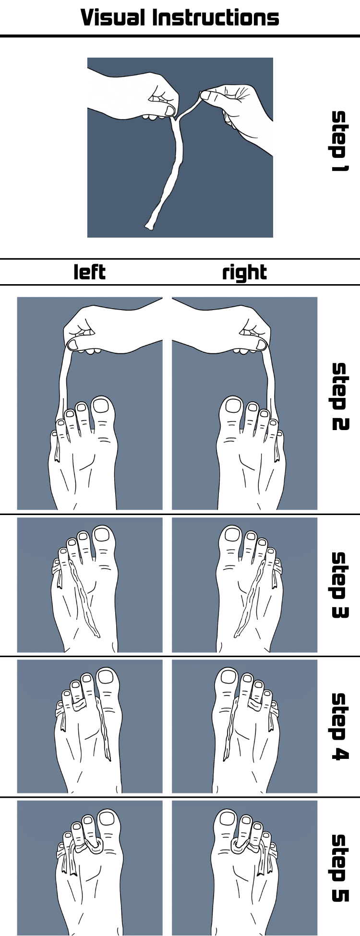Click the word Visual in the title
click(113, 18)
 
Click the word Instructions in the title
click(216, 18)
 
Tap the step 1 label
click(339, 141)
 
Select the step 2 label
click(340, 396)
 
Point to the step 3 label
click(340, 585)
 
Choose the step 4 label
click(340, 726)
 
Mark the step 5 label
click(340, 868)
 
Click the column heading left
click(90, 272)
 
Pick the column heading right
click(244, 273)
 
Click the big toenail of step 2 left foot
click(101, 406)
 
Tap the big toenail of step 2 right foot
click(233, 406)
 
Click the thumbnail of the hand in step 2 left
click(74, 344)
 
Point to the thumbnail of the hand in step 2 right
click(261, 344)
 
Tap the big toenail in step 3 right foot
click(232, 535)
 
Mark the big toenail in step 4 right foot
click(229, 677)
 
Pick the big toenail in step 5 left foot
click(107, 818)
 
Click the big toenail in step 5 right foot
click(228, 818)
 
